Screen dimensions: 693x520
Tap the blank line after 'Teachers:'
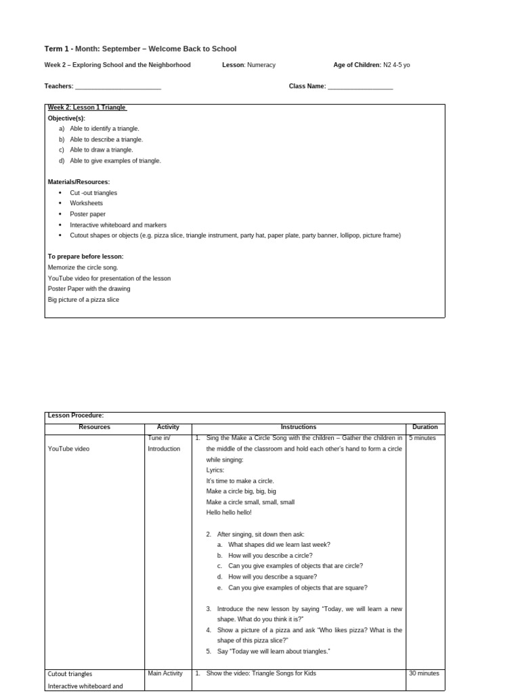(x=118, y=87)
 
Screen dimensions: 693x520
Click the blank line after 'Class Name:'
(x=360, y=87)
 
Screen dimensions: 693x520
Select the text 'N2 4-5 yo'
(x=397, y=65)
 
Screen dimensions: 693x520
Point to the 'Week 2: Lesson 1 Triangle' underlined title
(x=87, y=108)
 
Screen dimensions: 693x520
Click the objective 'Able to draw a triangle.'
(x=101, y=150)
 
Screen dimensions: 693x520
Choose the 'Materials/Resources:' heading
(x=79, y=182)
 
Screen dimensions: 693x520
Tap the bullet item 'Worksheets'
(x=86, y=203)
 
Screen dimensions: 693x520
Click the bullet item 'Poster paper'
(x=87, y=214)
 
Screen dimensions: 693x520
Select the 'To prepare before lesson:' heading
(x=85, y=256)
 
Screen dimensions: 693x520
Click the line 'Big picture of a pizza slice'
(x=83, y=299)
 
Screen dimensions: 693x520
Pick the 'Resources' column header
(x=95, y=427)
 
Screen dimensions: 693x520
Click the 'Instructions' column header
(x=299, y=427)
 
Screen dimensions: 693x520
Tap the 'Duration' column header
(x=425, y=427)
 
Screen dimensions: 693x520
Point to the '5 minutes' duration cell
(x=422, y=438)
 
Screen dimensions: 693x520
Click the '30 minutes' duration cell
(x=424, y=673)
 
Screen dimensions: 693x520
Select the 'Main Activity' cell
(x=165, y=673)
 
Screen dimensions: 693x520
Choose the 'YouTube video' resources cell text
(x=68, y=449)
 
